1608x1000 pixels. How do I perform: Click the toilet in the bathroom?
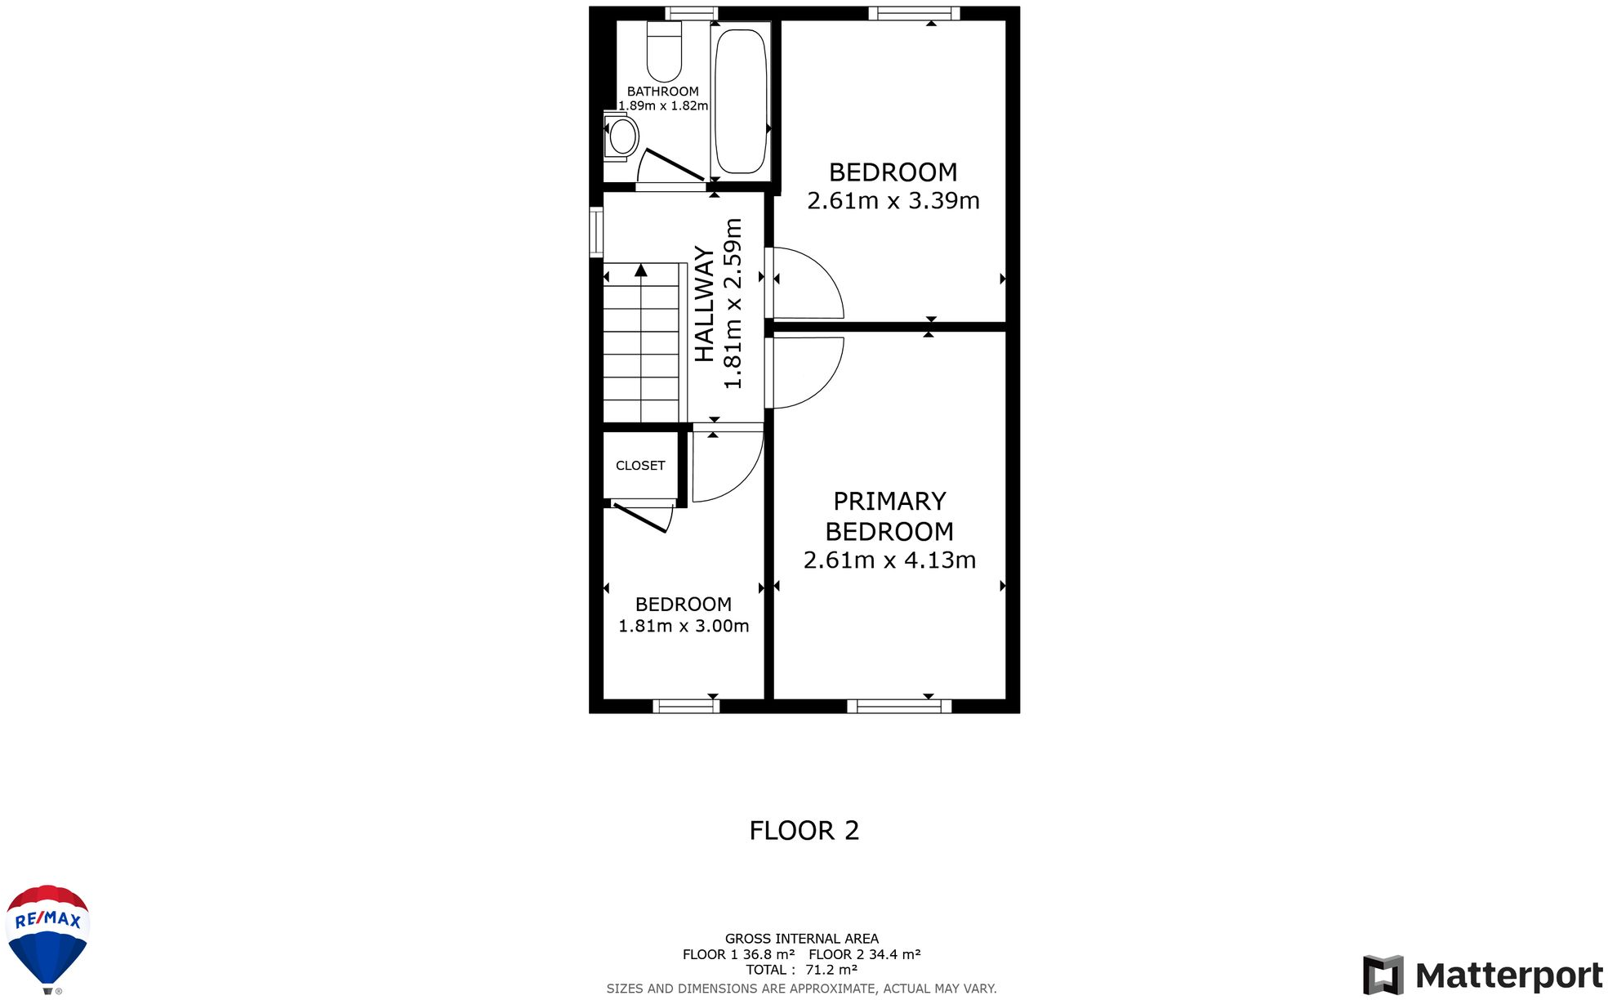pos(664,51)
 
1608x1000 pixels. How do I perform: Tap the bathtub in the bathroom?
pos(741,100)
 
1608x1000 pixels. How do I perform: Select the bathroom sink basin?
pos(621,136)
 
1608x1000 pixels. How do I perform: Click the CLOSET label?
pos(640,466)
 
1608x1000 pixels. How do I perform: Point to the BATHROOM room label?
pos(663,92)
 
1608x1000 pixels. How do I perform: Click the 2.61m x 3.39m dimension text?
pos(893,200)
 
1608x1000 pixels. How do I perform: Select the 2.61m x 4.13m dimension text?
pos(890,560)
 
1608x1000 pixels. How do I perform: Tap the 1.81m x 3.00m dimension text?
pos(684,626)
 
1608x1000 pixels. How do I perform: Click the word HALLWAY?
pos(704,304)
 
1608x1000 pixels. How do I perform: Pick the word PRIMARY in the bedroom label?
pos(890,501)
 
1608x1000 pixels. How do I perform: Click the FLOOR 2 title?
pos(804,830)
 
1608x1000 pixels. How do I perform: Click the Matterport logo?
pos(1482,975)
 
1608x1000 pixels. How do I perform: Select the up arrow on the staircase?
pos(641,270)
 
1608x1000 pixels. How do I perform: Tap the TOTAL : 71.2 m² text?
pos(801,970)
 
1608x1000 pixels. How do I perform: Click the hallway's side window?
pos(596,233)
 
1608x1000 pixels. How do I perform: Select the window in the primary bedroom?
pos(899,706)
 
